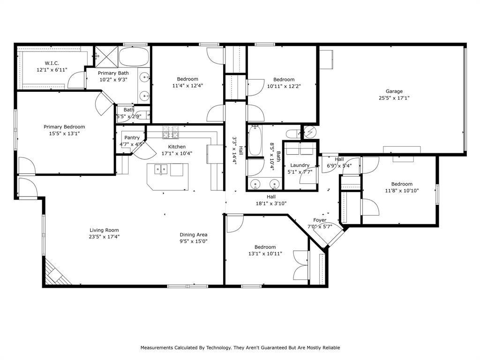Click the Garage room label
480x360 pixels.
click(394, 91)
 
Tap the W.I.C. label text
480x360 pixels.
click(52, 63)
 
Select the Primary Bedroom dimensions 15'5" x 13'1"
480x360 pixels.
click(64, 134)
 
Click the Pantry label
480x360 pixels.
click(132, 138)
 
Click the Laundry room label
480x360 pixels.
click(300, 165)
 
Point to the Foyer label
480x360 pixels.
click(320, 220)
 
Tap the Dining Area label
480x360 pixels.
click(193, 235)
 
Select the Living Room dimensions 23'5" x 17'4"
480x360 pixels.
click(104, 237)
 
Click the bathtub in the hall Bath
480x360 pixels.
click(256, 140)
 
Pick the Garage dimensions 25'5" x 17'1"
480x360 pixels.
click(394, 98)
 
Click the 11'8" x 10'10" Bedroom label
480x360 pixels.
click(402, 184)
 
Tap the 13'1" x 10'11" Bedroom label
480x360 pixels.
click(265, 247)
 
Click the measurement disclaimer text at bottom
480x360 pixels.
click(240, 348)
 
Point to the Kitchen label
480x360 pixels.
click(177, 147)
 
